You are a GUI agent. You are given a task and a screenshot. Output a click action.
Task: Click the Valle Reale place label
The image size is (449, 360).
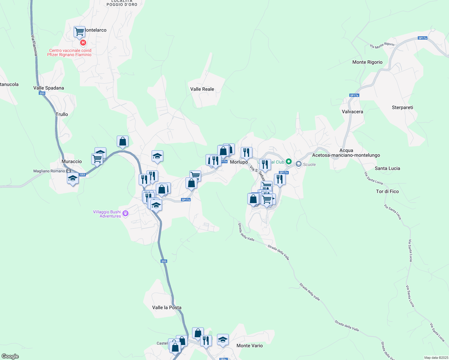(x=202, y=89)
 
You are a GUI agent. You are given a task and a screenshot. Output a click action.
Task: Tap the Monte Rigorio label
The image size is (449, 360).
(x=367, y=62)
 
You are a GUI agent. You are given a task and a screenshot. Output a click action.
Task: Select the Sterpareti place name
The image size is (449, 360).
(x=402, y=107)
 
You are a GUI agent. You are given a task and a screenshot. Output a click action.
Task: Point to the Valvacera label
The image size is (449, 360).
(x=352, y=112)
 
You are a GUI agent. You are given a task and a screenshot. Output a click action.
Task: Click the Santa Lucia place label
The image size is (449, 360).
(x=387, y=168)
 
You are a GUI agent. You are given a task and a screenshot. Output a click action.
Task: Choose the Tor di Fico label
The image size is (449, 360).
(x=387, y=191)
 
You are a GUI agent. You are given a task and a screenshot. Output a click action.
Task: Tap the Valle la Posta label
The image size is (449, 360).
(x=167, y=307)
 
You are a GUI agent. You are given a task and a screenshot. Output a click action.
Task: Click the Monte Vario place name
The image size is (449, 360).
(x=249, y=346)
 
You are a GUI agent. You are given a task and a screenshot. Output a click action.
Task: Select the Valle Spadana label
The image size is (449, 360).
(x=49, y=88)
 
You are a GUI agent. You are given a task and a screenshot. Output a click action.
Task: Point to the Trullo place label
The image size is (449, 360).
(x=62, y=114)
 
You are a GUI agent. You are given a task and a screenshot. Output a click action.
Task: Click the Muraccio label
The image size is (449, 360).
(x=72, y=161)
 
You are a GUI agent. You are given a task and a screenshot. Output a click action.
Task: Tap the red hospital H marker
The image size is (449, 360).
(x=83, y=43)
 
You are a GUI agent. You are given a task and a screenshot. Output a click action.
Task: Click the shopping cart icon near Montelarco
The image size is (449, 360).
(x=79, y=31)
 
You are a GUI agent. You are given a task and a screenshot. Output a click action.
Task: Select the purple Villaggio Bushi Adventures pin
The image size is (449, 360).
(x=125, y=213)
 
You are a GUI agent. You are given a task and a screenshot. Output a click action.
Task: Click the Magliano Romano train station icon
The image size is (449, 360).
(x=69, y=171)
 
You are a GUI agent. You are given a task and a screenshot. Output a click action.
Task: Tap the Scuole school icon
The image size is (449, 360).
(x=298, y=164)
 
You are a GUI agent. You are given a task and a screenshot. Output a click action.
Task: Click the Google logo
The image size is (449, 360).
(x=10, y=356)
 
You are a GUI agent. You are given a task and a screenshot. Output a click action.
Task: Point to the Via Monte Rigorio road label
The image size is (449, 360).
(x=382, y=45)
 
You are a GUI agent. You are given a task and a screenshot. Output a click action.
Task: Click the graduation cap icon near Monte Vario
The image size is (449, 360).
(x=223, y=340)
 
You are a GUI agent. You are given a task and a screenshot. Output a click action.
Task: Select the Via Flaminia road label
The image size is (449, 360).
(x=34, y=45)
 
